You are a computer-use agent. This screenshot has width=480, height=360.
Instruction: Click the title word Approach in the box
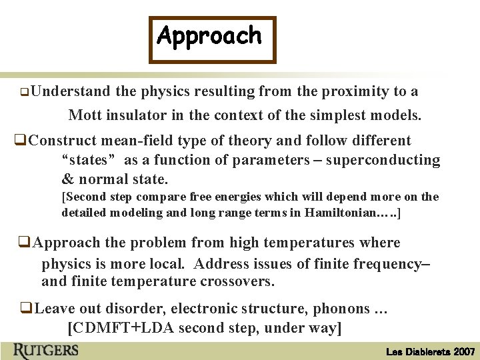pyautogui.click(x=209, y=36)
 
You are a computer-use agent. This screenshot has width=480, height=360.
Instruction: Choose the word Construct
pyautogui.click(x=63, y=141)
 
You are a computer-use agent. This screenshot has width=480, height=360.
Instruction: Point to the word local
pyautogui.click(x=167, y=263)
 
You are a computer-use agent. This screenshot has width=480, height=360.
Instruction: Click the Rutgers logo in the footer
pyautogui.click(x=45, y=350)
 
